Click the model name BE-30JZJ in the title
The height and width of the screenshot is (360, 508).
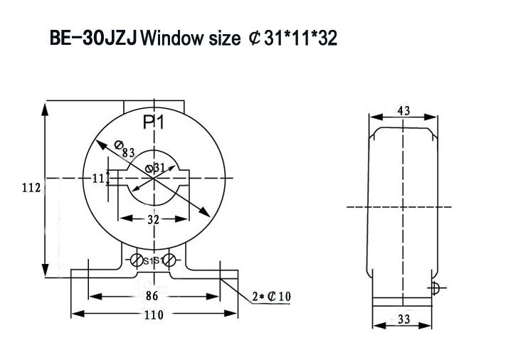(94, 38)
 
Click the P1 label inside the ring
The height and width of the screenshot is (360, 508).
(154, 122)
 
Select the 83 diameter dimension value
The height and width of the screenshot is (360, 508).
(129, 152)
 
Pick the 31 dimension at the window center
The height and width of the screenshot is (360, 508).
(159, 168)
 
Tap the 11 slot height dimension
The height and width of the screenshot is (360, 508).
(98, 178)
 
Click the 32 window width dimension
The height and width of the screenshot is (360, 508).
(153, 220)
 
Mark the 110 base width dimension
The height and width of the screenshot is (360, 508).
(154, 314)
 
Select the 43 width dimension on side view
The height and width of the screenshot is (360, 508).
(403, 110)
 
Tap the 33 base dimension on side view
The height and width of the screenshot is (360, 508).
(403, 320)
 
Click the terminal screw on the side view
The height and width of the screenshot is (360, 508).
(435, 287)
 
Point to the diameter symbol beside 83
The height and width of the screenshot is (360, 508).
(118, 145)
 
